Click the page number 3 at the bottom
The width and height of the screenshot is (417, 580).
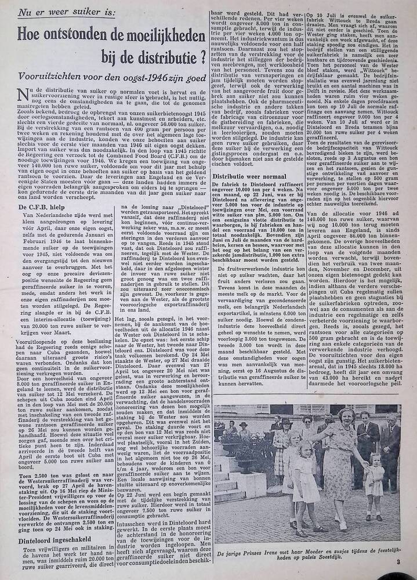(398, 561)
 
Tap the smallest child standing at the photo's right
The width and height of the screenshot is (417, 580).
(374, 481)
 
